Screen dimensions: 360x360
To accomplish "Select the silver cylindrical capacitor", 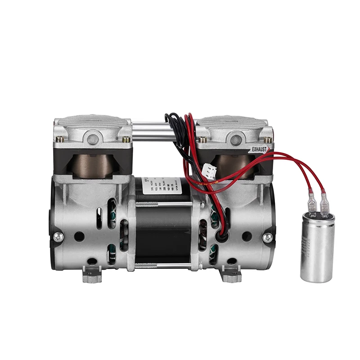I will [x=318, y=247].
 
